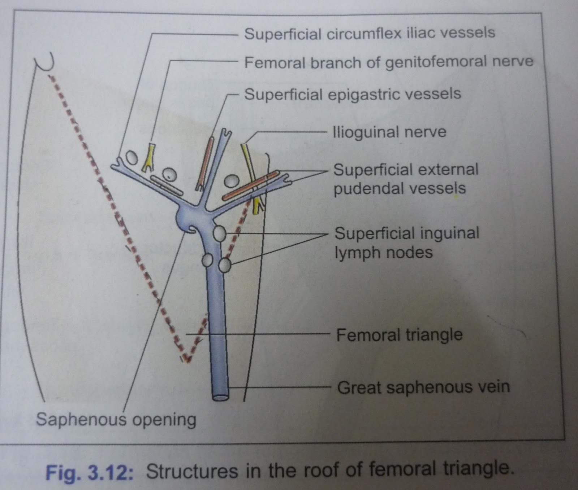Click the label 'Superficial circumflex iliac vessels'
(370, 34)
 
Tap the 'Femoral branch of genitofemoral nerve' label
(389, 62)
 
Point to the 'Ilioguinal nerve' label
(389, 132)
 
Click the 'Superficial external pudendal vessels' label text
(406, 179)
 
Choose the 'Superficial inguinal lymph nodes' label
(407, 243)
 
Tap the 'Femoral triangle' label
(399, 335)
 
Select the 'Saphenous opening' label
(116, 420)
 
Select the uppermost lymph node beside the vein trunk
(219, 234)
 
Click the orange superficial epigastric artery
(205, 163)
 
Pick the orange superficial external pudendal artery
(250, 185)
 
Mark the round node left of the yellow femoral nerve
(131, 157)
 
